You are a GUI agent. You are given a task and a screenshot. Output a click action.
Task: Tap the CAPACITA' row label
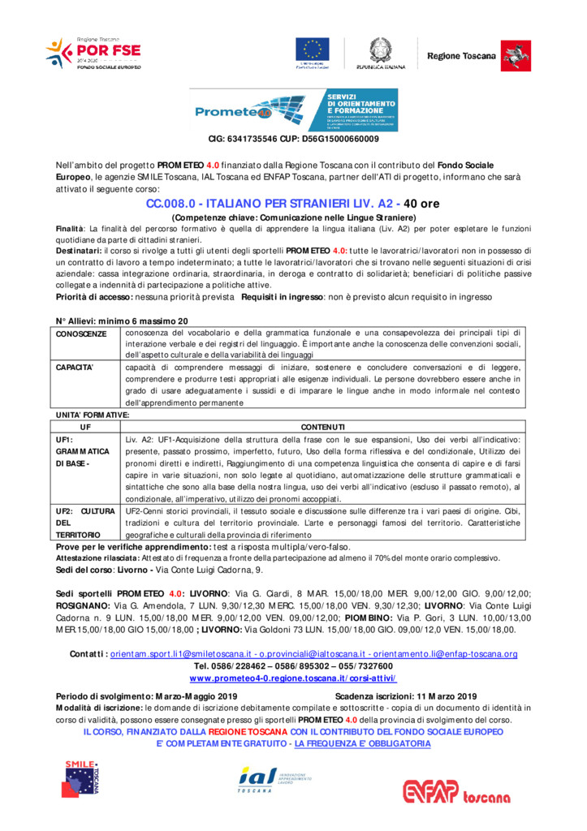point(76,368)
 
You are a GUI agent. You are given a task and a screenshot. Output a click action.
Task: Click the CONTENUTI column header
point(322,427)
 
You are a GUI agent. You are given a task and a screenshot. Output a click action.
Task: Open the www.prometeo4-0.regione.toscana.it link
point(293,678)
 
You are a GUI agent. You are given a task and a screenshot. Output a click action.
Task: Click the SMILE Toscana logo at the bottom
point(83,777)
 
